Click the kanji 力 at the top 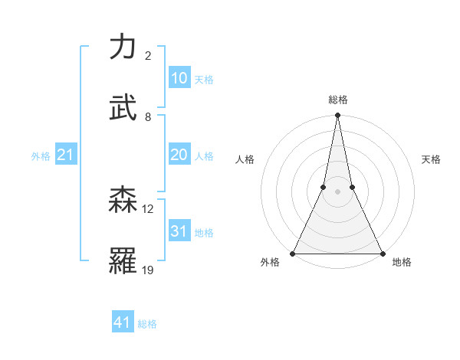coord(124,47)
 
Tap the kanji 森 coord(124,200)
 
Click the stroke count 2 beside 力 coord(148,56)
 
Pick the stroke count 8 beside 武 coord(148,116)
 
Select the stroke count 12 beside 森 coord(148,208)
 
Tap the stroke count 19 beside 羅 coord(148,270)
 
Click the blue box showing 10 coord(179,78)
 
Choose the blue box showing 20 coord(179,155)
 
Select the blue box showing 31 coord(179,231)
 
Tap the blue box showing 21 coord(66,155)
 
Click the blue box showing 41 coord(123,322)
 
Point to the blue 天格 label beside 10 coord(204,80)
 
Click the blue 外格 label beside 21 coord(41,156)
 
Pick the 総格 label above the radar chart coord(338,100)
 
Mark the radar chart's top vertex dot coord(338,116)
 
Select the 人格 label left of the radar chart coord(245,160)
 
